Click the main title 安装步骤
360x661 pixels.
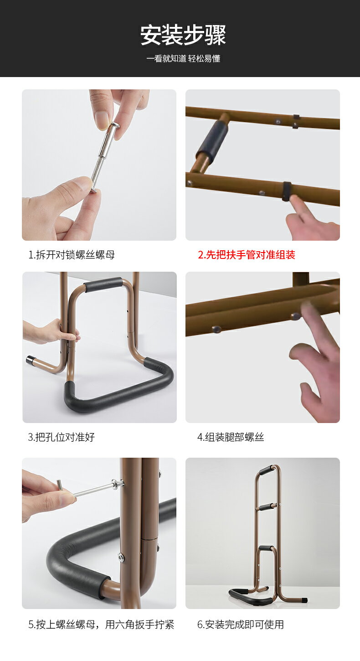(x=183, y=35)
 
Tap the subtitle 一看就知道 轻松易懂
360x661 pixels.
(x=183, y=58)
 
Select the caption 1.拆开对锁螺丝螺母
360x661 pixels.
(x=72, y=255)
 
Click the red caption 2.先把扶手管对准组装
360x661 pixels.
(x=247, y=255)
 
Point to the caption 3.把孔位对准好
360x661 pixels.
(x=62, y=437)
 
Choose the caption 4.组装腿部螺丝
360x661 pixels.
(x=231, y=437)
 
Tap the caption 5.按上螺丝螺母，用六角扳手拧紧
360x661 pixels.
(x=101, y=625)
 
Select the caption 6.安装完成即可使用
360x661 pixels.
(x=241, y=625)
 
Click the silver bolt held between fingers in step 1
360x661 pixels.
(x=104, y=157)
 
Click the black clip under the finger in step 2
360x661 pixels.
(x=286, y=191)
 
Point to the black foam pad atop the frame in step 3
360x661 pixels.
(x=103, y=284)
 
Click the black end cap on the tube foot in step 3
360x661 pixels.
(x=30, y=360)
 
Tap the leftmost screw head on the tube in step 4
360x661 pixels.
(x=216, y=329)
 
